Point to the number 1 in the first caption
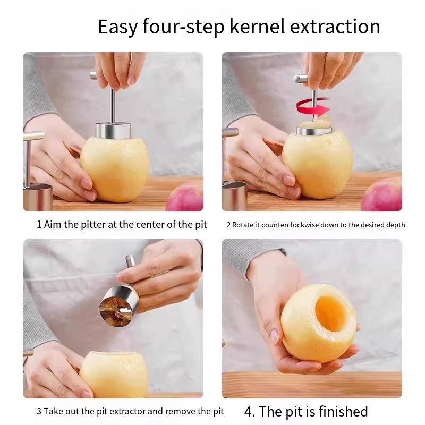point(39,224)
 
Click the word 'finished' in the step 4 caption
point(341,412)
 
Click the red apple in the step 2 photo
point(382,195)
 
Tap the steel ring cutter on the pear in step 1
point(113,130)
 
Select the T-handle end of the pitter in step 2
point(303,79)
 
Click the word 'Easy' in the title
point(117,27)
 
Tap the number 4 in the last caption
point(248,412)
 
